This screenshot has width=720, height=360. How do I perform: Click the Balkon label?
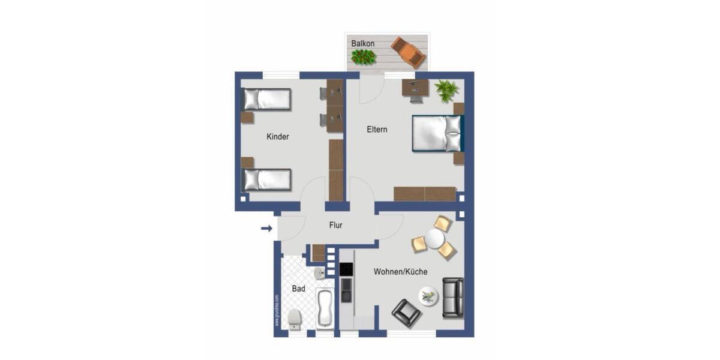click(x=363, y=44)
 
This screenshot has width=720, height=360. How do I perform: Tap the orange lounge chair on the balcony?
click(x=409, y=52)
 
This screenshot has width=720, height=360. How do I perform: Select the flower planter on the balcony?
click(x=363, y=58)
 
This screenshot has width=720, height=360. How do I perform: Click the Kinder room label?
click(x=278, y=137)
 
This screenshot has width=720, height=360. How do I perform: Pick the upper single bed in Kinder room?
click(x=266, y=99)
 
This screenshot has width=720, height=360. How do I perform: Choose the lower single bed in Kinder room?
click(x=267, y=179)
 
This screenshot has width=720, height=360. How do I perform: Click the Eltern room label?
click(x=377, y=129)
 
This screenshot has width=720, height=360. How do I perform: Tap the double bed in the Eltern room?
click(x=437, y=133)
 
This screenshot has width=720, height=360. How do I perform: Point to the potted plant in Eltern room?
click(x=447, y=90)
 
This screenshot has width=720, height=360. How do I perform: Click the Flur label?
click(x=335, y=226)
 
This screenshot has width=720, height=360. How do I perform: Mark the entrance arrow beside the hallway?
click(x=266, y=228)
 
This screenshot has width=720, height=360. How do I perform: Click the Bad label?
click(x=298, y=289)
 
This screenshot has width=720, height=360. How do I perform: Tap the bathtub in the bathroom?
click(x=324, y=308)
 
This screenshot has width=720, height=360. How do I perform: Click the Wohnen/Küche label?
click(x=400, y=272)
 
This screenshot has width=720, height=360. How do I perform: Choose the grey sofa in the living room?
click(x=452, y=298)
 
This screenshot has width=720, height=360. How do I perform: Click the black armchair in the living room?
click(x=406, y=313)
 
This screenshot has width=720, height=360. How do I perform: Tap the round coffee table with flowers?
click(x=428, y=296)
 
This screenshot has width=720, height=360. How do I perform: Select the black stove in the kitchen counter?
click(x=346, y=270)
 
